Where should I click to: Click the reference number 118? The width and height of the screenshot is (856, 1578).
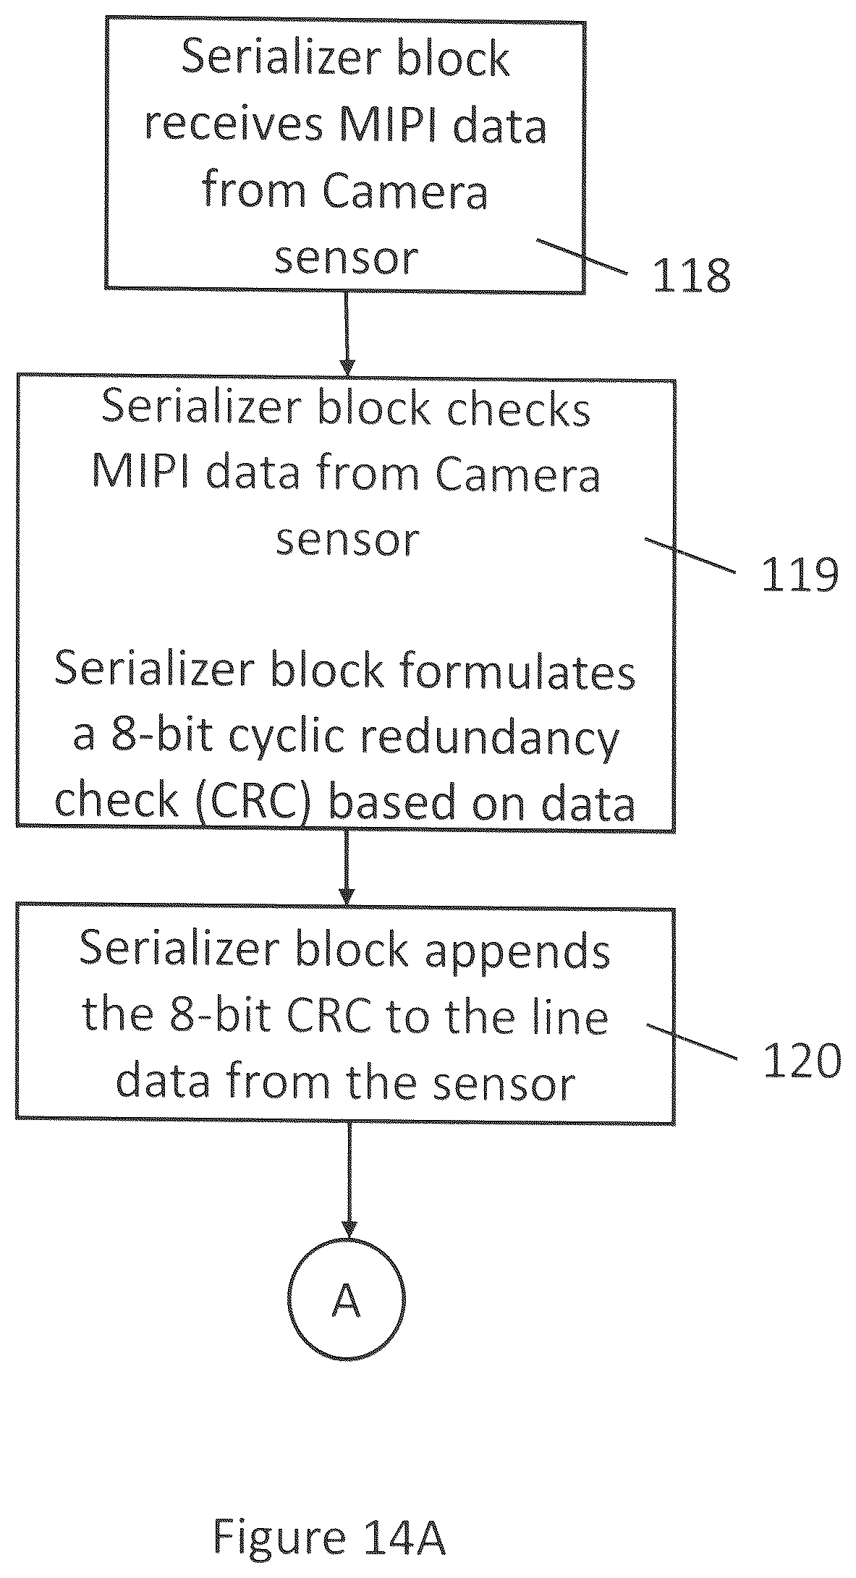point(692,276)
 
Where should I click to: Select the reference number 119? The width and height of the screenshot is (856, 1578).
point(800,576)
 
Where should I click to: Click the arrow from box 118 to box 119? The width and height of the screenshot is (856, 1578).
point(347,334)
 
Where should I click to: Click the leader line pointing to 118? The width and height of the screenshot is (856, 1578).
point(582,256)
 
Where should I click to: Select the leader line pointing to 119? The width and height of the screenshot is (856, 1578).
point(690,555)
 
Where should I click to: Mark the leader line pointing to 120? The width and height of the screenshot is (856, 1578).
point(692,1041)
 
